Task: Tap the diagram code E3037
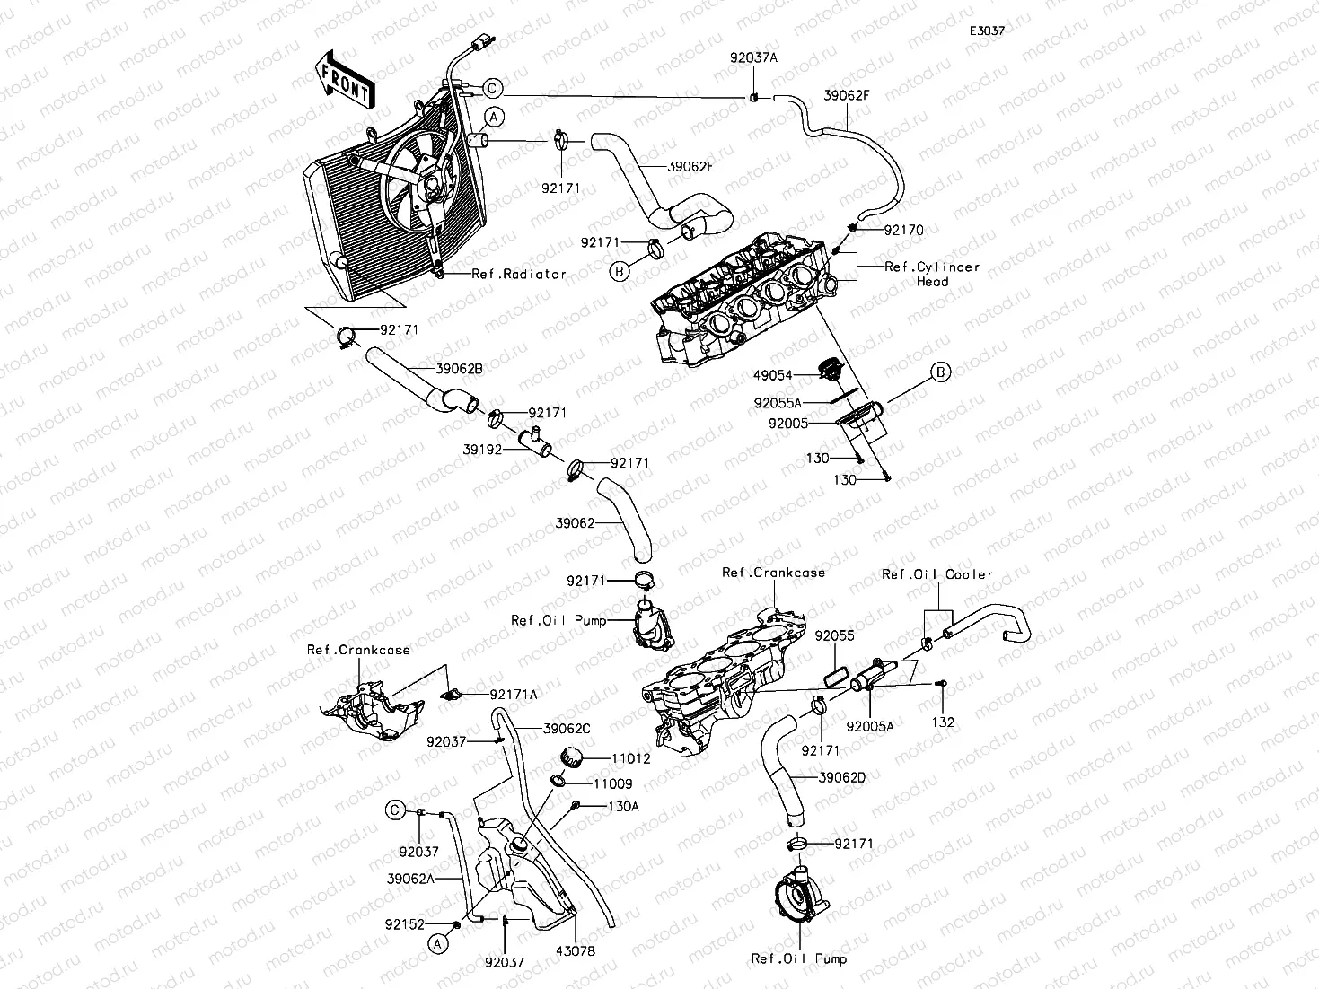(x=987, y=31)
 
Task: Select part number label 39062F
(x=846, y=95)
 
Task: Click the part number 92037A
(x=753, y=57)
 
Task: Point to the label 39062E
(x=690, y=166)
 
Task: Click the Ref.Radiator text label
(x=519, y=274)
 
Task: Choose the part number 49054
(x=773, y=375)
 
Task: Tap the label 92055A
(x=778, y=403)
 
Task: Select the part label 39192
(x=482, y=449)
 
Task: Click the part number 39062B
(x=459, y=369)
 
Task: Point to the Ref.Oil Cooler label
(x=937, y=574)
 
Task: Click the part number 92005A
(x=869, y=727)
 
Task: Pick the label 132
(x=943, y=722)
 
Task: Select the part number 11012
(x=631, y=758)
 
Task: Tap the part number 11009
(x=613, y=783)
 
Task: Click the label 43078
(x=575, y=951)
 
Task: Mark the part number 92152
(x=404, y=924)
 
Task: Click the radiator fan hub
(x=432, y=186)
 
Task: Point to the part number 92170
(x=904, y=230)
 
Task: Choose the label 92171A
(x=514, y=694)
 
